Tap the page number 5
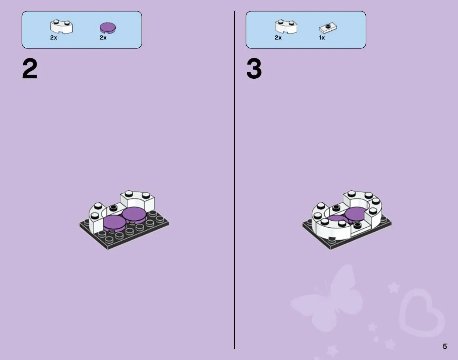pyautogui.click(x=445, y=346)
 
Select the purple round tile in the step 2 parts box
pyautogui.click(x=107, y=28)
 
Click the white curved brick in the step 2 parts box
pyautogui.click(x=61, y=27)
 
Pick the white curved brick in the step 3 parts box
pyautogui.click(x=286, y=27)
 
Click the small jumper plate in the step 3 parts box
pyautogui.click(x=328, y=28)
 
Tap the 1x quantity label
pyautogui.click(x=322, y=38)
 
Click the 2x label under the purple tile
pyautogui.click(x=103, y=38)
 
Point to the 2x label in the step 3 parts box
pyautogui.click(x=278, y=38)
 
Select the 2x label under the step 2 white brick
pyautogui.click(x=54, y=38)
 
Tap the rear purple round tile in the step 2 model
pyautogui.click(x=134, y=215)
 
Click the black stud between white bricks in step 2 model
pyautogui.click(x=113, y=207)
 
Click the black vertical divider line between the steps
pyautogui.click(x=235, y=180)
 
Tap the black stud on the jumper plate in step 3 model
pyautogui.click(x=358, y=225)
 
